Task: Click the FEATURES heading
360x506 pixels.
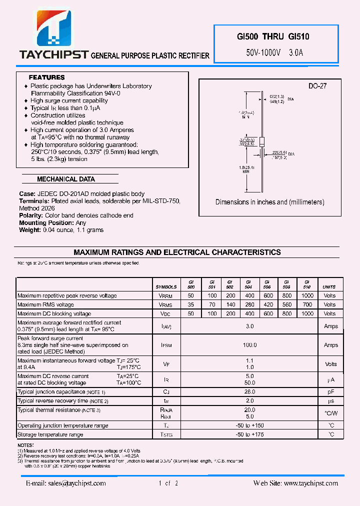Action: point(46,77)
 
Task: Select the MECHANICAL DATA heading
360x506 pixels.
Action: point(65,179)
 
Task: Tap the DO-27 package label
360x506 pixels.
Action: point(317,86)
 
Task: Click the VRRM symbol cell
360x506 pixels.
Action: point(165,295)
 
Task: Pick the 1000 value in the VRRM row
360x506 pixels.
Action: point(308,295)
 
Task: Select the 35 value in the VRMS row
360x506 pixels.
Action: point(190,304)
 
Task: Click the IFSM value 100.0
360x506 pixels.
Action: point(250,345)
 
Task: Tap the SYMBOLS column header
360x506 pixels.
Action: point(166,287)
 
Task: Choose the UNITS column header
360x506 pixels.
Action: point(329,287)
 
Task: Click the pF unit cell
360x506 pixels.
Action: point(330,392)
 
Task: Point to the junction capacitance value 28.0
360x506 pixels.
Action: point(250,392)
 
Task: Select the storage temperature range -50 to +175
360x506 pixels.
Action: point(250,434)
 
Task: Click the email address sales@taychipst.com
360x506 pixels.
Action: point(66,483)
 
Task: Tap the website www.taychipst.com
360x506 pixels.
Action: point(296,483)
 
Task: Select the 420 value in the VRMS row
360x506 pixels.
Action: point(268,304)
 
